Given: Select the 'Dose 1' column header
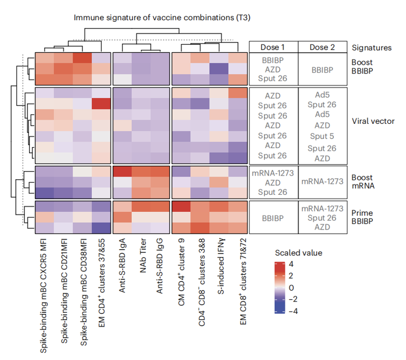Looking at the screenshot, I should point(273,47).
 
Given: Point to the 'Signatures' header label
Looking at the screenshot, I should point(372,48).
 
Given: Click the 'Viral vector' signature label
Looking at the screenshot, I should point(372,122).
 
